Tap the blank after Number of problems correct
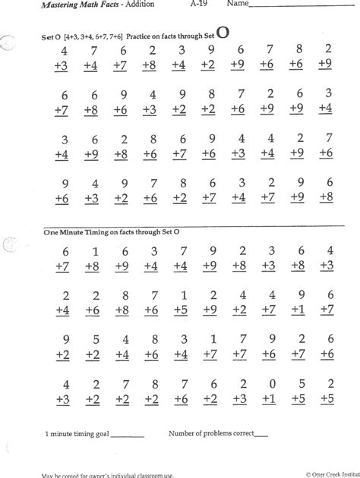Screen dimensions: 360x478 point(260,435)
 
